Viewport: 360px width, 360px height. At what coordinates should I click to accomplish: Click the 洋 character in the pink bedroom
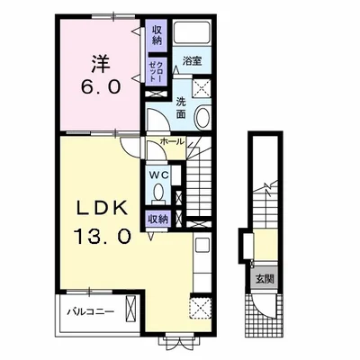100,63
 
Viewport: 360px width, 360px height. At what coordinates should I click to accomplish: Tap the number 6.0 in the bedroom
100,87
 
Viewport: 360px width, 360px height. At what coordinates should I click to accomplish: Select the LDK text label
102,209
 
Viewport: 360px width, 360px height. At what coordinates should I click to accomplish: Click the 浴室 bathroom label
192,60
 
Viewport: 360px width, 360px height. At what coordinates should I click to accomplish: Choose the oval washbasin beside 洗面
202,117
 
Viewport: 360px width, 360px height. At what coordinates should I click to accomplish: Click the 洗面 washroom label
181,107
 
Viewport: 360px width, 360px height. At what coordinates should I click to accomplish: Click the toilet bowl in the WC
158,191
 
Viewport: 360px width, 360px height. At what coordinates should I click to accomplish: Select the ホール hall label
172,141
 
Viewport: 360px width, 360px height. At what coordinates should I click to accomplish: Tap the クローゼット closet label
157,71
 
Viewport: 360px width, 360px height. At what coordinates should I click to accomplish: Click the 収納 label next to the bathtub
157,35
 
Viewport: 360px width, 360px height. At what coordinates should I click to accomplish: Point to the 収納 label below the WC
158,220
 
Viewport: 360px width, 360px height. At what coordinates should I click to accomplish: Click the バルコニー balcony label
90,311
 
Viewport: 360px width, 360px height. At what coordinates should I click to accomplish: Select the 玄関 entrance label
265,279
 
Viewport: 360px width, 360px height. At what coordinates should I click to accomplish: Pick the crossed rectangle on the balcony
130,309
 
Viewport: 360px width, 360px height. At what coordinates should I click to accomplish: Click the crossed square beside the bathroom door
202,87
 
